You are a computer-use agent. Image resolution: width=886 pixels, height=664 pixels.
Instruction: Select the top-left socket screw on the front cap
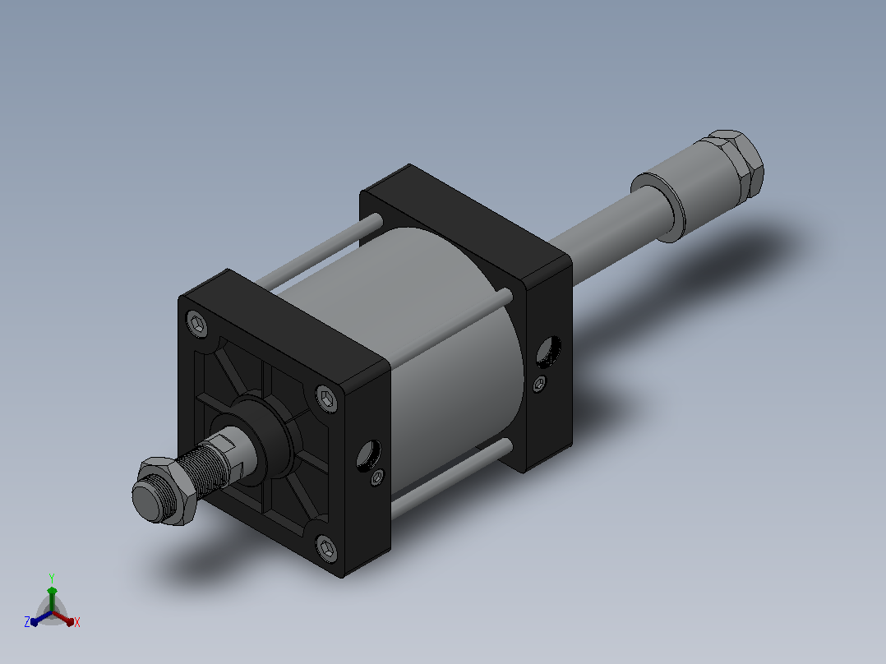pos(197,325)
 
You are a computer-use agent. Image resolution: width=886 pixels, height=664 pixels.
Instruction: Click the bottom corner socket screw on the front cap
pos(327,548)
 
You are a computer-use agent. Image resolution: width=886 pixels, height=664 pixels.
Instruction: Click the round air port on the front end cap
pos(369,455)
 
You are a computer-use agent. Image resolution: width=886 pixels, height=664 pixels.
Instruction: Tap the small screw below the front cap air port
pos(377,478)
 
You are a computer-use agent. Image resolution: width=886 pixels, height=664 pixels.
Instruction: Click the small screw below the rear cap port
pos(540,385)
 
